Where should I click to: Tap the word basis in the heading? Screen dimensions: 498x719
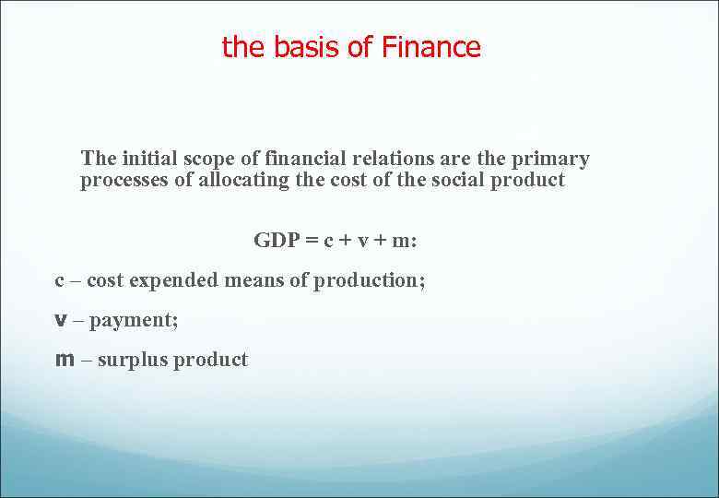(x=305, y=47)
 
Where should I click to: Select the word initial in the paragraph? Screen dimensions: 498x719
(x=151, y=159)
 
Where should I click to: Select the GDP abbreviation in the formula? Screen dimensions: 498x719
(x=276, y=240)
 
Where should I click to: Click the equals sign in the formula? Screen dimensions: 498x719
(x=312, y=241)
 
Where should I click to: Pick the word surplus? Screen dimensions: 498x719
(x=128, y=361)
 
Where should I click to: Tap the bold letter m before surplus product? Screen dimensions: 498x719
(x=65, y=360)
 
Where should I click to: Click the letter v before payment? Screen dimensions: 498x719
(x=61, y=320)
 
